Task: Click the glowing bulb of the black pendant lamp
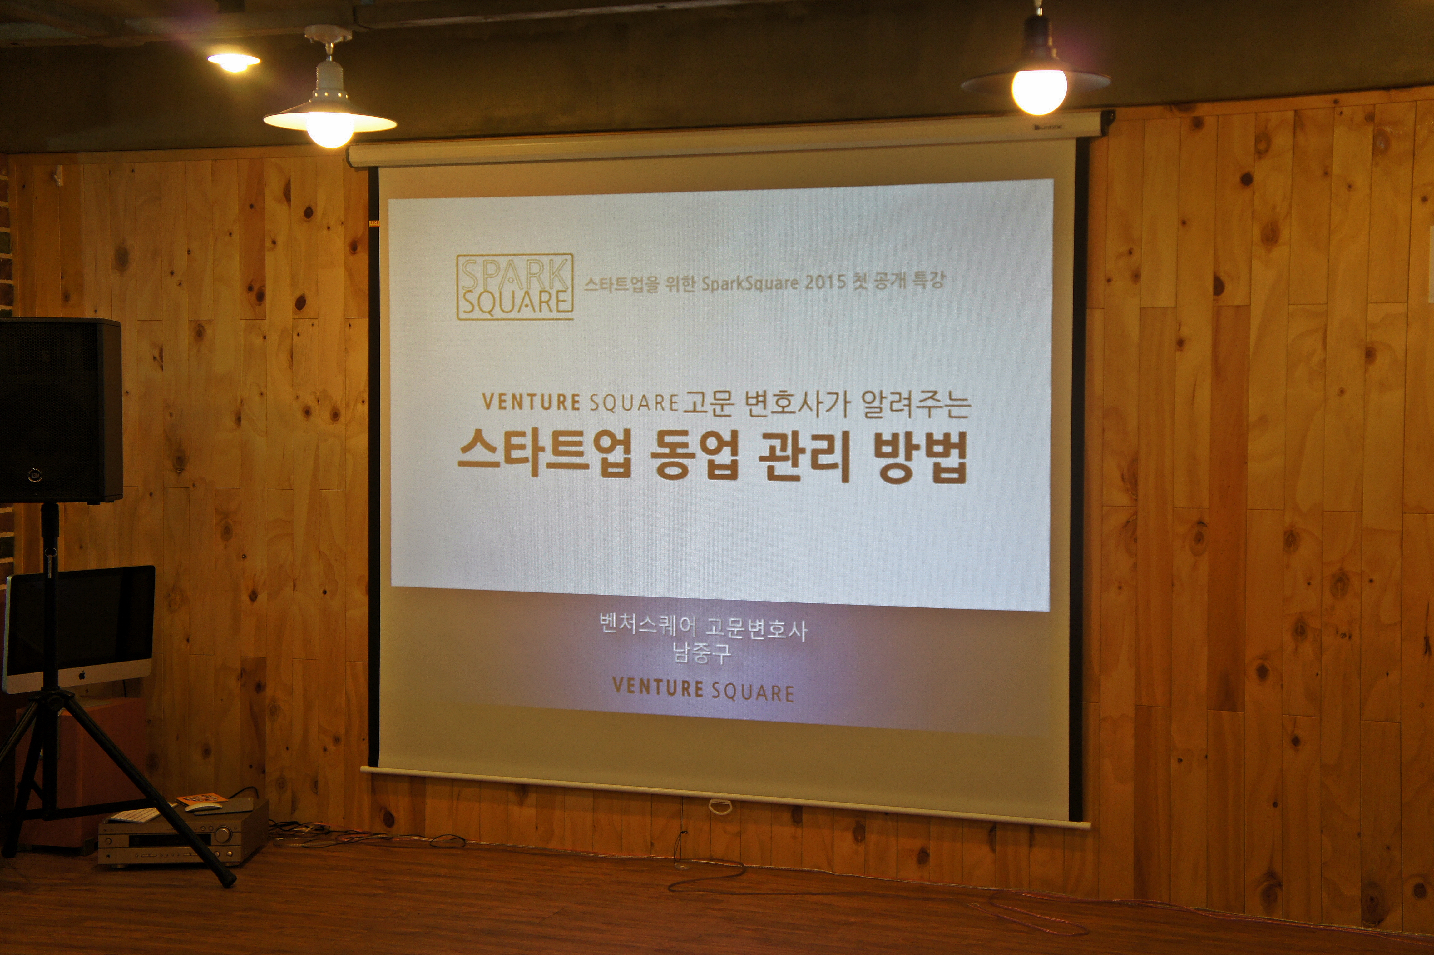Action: [x=1039, y=91]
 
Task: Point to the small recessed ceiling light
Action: [x=234, y=62]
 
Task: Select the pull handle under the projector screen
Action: [x=720, y=807]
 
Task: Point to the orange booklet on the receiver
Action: [x=201, y=798]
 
